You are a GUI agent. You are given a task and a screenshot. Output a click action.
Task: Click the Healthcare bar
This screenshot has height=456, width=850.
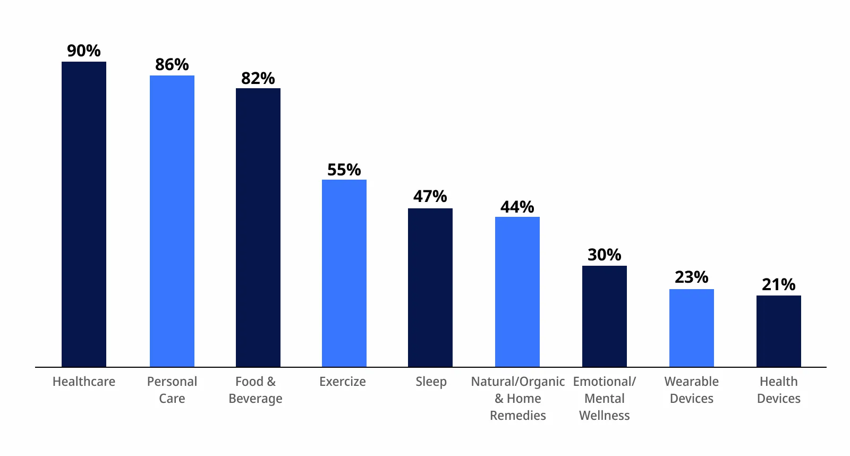(x=84, y=214)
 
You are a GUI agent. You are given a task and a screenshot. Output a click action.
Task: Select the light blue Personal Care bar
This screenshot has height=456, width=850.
(x=172, y=221)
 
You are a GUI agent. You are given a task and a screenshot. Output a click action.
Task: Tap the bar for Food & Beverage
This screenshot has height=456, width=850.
(x=258, y=227)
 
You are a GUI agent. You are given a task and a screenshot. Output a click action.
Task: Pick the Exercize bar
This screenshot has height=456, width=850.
(x=344, y=273)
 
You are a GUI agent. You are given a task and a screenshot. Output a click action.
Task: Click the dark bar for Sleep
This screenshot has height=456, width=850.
(x=430, y=288)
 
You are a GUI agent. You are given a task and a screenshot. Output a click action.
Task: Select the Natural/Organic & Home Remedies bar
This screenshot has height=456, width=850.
(x=517, y=292)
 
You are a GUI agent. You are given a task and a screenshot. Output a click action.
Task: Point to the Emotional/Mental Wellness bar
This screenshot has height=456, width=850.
(x=605, y=316)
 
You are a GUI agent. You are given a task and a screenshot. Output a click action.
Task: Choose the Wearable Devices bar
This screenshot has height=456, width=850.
(x=692, y=328)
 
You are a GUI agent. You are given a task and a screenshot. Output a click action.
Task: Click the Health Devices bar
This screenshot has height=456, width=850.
(x=779, y=331)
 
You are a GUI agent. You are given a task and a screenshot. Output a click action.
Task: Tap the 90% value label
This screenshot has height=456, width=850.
(x=84, y=51)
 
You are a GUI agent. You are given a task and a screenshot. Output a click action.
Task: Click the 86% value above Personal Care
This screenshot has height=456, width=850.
(x=172, y=65)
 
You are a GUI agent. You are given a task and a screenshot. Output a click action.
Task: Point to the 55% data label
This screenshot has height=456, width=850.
(x=344, y=170)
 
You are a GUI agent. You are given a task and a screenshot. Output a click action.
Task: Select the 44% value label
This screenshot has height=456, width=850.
(x=517, y=207)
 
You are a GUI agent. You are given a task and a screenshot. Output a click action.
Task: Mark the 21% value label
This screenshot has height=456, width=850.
(x=779, y=285)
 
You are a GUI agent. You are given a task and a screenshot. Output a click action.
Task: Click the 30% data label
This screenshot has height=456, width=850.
(x=605, y=255)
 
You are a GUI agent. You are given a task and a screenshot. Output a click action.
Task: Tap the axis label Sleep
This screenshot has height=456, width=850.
(x=431, y=382)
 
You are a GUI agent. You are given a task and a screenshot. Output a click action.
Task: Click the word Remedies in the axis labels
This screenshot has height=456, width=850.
(x=518, y=416)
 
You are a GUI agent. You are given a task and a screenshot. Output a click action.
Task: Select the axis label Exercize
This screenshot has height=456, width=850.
(x=343, y=382)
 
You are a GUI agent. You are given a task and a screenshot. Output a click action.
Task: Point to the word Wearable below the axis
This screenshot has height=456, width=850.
(x=692, y=382)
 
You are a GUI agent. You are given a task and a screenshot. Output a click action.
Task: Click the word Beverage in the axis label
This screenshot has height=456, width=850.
(x=256, y=399)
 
